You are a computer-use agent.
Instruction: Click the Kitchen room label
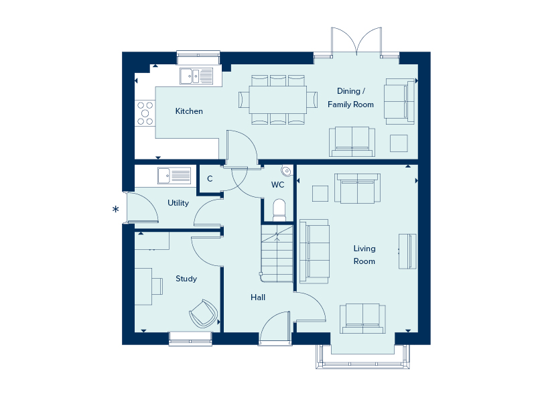coord(189,111)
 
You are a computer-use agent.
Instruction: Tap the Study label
coord(186,279)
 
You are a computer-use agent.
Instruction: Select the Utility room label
coord(178,203)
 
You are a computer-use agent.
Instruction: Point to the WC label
coord(277,185)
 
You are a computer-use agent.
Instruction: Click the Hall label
coord(258,297)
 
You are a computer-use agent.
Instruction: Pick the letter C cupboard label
coord(210,178)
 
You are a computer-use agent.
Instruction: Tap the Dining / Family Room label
coord(350,98)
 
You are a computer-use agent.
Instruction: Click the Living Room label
coord(364,255)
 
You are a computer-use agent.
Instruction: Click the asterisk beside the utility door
coord(116,209)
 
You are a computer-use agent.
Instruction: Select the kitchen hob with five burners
coord(145,113)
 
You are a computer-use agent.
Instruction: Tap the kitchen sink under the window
coord(196,76)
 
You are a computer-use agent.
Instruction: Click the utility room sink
coord(174,176)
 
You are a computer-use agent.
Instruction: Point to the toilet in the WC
coord(279,210)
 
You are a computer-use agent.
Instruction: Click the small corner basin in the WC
coord(287,171)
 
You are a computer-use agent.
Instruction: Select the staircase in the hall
coord(277,253)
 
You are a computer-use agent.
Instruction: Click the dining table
coord(277,100)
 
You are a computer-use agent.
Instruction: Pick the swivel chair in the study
coord(204,314)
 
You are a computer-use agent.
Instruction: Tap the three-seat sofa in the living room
coord(314,252)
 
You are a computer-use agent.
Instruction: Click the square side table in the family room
coord(399,143)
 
